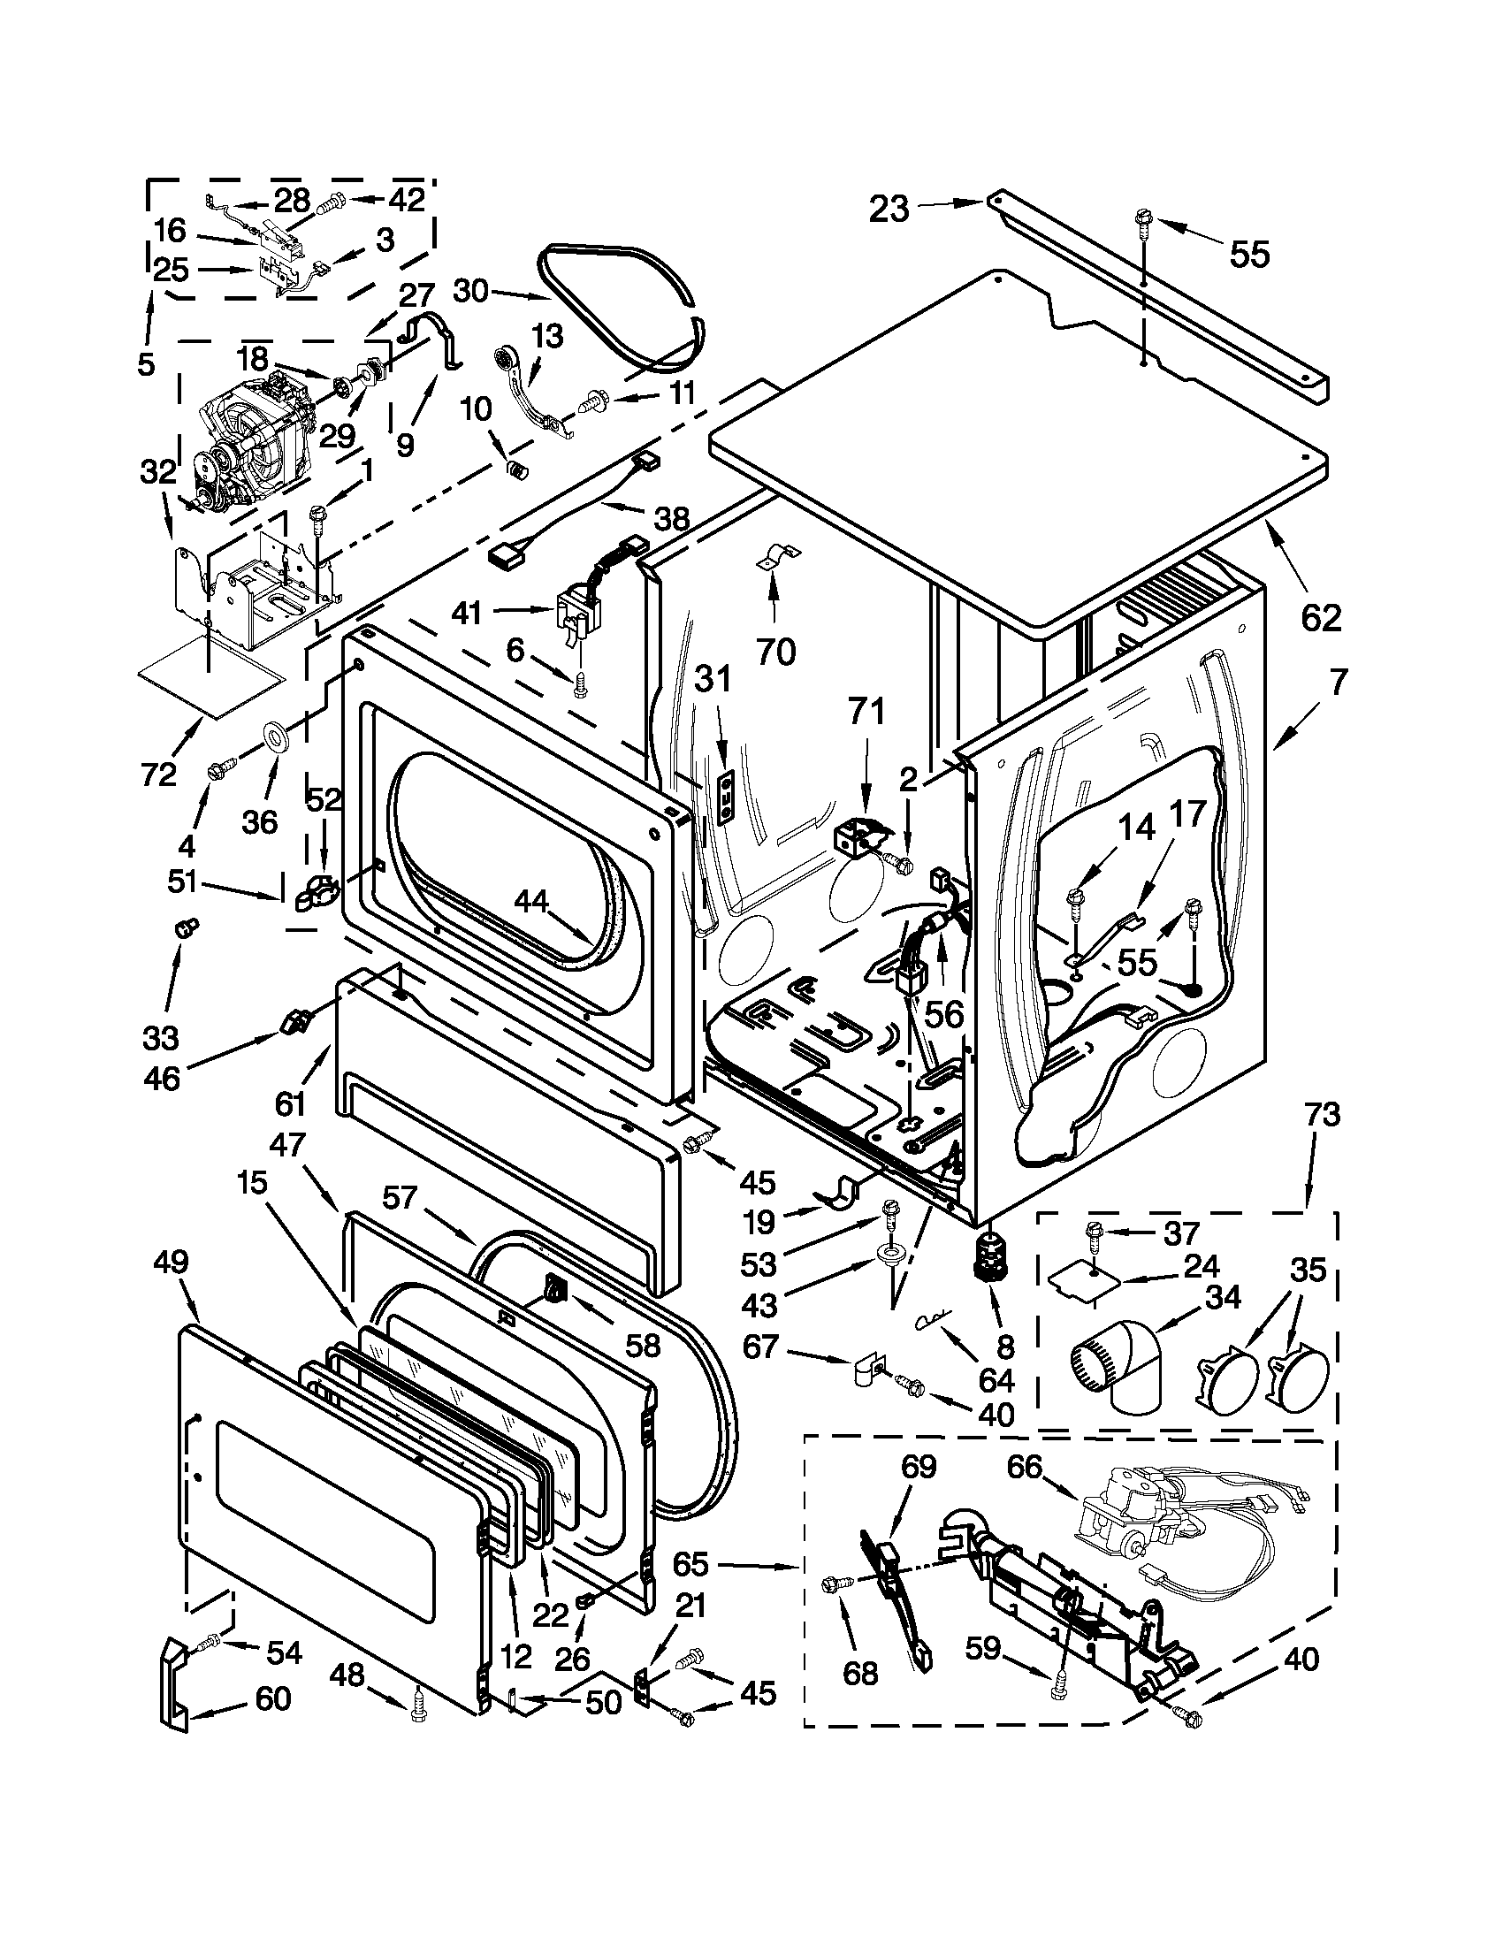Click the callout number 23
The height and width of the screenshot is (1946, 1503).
(x=889, y=210)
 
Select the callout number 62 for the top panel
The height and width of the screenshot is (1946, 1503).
(x=1319, y=616)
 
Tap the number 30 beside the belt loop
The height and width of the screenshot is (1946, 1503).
(x=471, y=290)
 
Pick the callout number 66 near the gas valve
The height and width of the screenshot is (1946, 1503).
(x=1025, y=1466)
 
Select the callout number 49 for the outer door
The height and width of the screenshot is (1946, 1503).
(x=171, y=1262)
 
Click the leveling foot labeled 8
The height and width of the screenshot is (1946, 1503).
(x=988, y=1261)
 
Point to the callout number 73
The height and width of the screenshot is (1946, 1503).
(x=1321, y=1115)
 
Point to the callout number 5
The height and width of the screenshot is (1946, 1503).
(x=146, y=363)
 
